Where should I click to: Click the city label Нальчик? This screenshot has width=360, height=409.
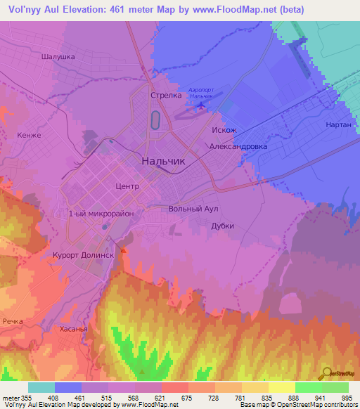[163, 161]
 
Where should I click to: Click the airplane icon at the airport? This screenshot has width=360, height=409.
[202, 105]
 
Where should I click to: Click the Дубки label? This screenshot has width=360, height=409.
[222, 226]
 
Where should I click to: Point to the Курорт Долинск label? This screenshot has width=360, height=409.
[83, 256]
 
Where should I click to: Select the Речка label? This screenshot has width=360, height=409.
[13, 321]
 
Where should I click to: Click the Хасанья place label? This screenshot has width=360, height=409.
[73, 329]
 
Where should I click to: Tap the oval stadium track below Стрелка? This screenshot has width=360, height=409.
[155, 120]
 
